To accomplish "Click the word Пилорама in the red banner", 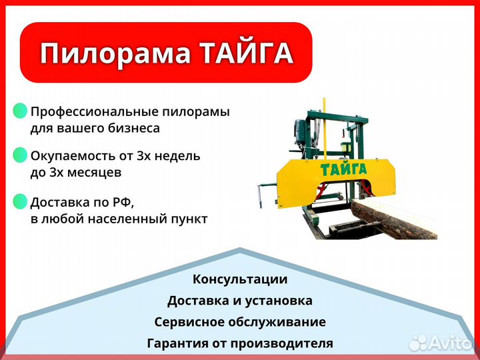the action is (x=115, y=53).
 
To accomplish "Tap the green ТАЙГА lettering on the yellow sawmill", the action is (x=343, y=169).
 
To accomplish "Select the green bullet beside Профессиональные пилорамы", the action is (x=20, y=111).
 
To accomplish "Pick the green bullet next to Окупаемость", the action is (x=20, y=155).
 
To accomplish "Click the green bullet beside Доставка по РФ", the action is (x=20, y=201).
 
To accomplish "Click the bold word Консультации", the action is (x=240, y=279).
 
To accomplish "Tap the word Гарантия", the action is (x=176, y=343).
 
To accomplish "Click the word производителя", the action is (x=282, y=343).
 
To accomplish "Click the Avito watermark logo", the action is (x=441, y=343).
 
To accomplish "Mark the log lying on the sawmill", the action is (x=394, y=219).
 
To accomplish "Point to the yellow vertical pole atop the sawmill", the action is (x=325, y=128).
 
